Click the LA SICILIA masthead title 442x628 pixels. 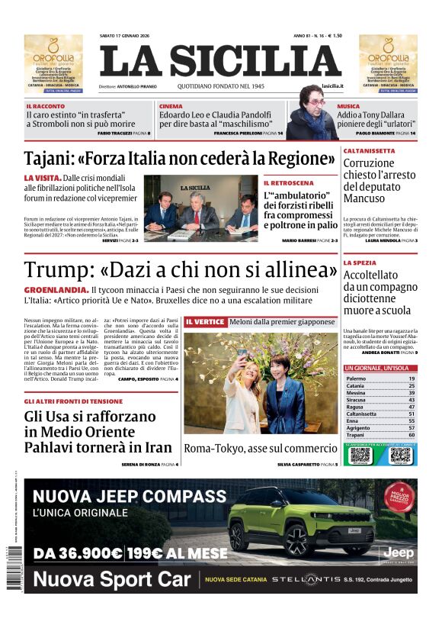[x=220, y=62]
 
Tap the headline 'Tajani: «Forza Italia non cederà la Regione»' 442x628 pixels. [x=180, y=159]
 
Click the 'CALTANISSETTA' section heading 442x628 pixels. [x=369, y=151]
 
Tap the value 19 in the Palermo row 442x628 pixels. [x=411, y=378]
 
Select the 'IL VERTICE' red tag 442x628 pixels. [x=205, y=322]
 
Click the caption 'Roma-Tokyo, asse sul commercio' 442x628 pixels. [x=260, y=449]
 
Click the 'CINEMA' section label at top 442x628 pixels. [x=171, y=106]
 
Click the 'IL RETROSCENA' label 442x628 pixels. [x=288, y=183]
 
